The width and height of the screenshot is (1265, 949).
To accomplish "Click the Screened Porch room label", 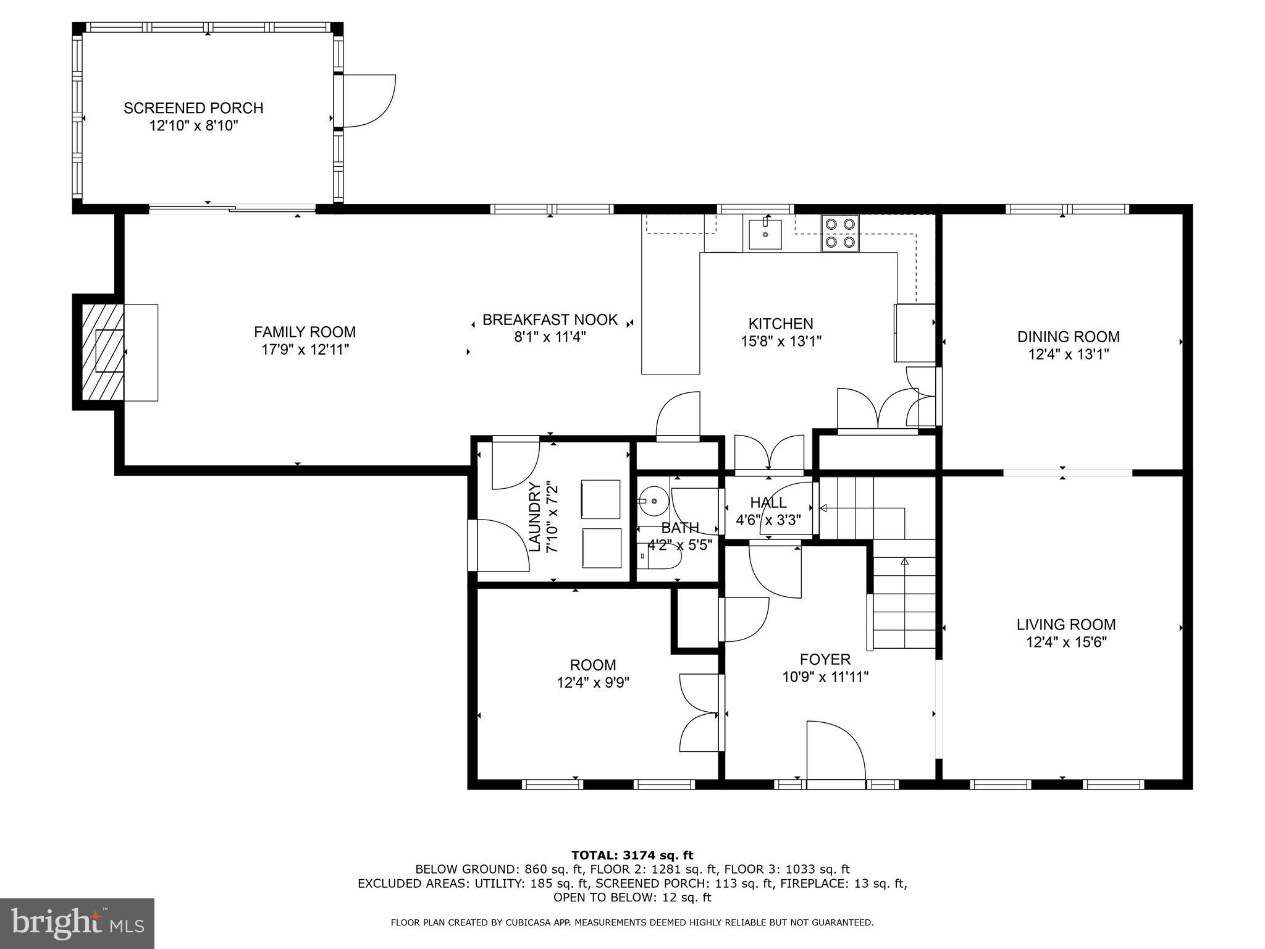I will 193,108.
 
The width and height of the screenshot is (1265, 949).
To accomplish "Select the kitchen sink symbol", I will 765,234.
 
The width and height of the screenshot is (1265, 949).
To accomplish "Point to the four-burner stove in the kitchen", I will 839,233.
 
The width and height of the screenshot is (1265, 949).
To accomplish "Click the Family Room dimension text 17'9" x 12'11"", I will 305,350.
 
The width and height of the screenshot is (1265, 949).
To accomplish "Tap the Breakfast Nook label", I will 550,319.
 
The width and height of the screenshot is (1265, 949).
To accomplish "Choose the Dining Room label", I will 1068,337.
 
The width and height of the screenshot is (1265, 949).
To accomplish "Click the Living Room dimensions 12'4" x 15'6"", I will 1066,642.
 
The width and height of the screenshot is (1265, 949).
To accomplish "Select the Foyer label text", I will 825,659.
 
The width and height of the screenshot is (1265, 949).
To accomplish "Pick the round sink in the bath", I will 654,500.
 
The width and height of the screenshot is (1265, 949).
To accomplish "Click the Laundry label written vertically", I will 535,517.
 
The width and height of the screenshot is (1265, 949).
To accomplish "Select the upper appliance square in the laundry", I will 600,499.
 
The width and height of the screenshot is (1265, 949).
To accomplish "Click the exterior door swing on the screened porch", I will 368,101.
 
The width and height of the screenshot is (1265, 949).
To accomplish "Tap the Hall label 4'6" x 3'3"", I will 768,512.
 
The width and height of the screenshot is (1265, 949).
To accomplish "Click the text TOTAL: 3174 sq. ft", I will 632,855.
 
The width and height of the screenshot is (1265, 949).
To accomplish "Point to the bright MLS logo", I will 77,923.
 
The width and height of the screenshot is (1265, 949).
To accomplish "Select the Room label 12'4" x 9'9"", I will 592,673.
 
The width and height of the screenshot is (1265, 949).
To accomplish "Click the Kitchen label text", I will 780,324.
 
